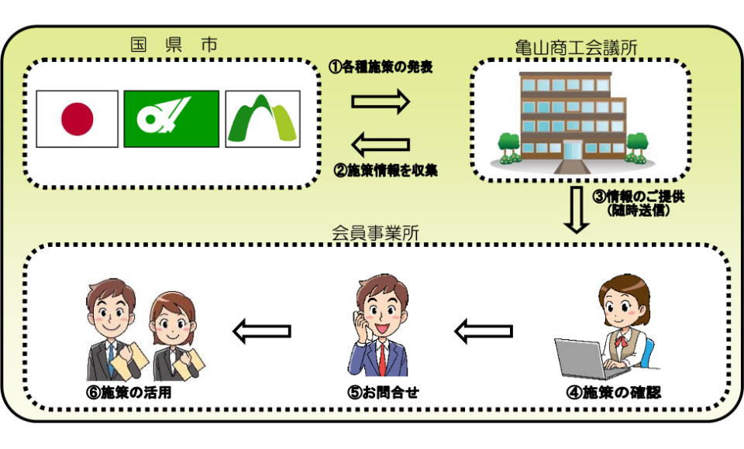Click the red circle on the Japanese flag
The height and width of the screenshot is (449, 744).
(x=77, y=119)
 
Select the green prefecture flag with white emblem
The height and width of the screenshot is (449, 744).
(x=170, y=119)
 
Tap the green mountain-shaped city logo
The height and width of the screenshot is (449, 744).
(x=263, y=119)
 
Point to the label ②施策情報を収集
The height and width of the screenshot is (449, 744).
(x=385, y=170)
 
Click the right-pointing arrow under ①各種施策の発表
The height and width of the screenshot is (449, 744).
(x=380, y=101)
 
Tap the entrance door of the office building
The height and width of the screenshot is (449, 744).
(x=573, y=150)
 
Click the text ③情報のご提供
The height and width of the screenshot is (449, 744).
(x=639, y=197)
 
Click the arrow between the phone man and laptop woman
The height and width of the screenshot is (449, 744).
(x=483, y=332)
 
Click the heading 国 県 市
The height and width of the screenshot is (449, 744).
(x=174, y=45)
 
